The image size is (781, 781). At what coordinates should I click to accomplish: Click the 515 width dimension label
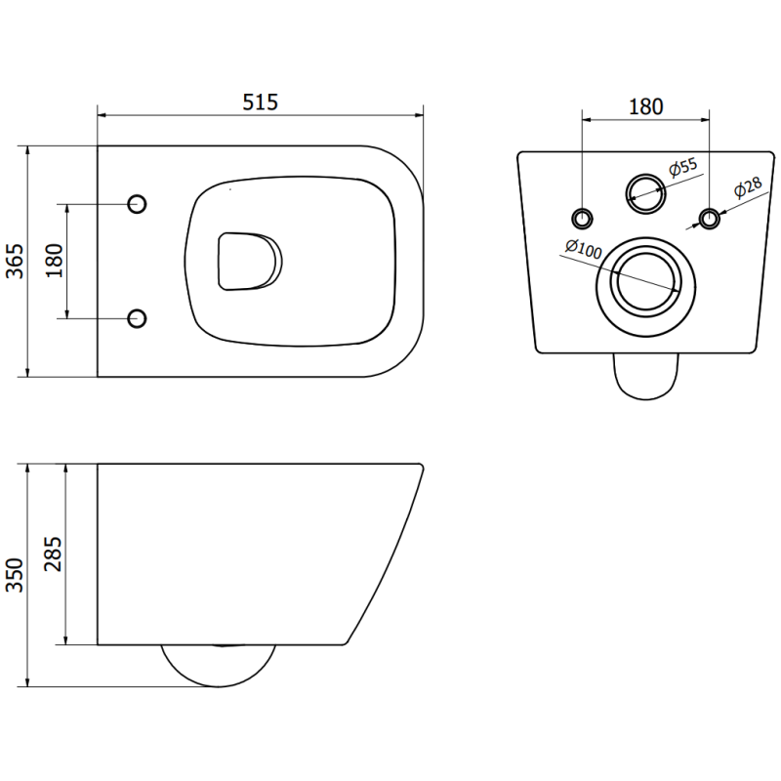tap(260, 101)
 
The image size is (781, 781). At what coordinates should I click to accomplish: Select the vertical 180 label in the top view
tap(54, 261)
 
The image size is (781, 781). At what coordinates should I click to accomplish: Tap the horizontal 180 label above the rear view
tap(644, 105)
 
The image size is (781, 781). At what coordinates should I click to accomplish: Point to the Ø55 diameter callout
tap(682, 168)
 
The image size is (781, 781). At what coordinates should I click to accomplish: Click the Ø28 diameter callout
tap(747, 187)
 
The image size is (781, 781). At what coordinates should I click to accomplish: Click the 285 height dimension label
tap(54, 555)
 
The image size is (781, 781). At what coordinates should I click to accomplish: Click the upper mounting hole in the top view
tap(138, 203)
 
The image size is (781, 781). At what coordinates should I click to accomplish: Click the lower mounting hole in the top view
tap(138, 317)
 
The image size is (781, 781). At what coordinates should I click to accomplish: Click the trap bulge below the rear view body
tap(646, 376)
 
